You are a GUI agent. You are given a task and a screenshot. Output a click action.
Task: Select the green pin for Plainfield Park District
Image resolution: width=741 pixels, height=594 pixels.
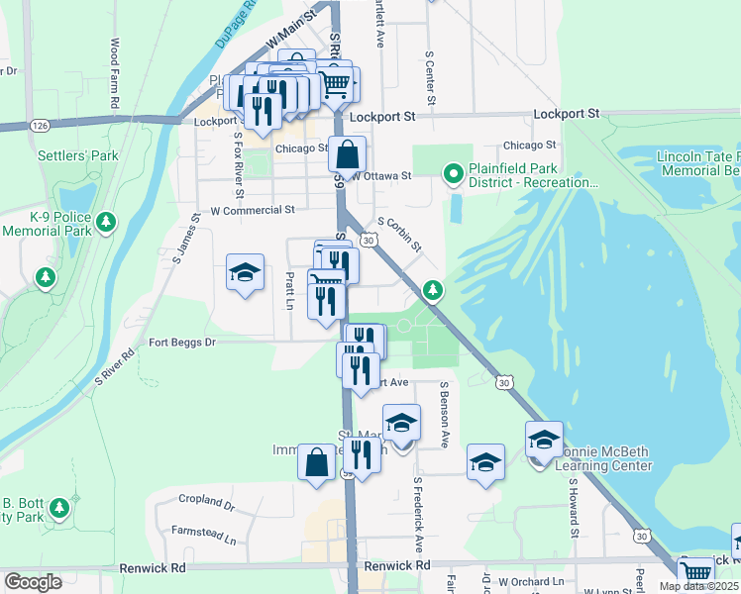(x=454, y=175)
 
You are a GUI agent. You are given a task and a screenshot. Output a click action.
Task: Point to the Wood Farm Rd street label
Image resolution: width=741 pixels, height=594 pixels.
(x=115, y=74)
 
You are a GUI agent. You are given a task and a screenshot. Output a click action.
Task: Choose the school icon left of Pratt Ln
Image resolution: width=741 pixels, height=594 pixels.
(x=244, y=272)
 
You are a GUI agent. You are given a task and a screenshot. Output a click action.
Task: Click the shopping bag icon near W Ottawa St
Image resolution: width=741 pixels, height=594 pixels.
(x=348, y=154)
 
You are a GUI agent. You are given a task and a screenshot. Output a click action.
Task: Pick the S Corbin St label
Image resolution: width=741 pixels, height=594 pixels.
(x=399, y=235)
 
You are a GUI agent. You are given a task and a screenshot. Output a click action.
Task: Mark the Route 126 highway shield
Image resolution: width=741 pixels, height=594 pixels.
(x=40, y=126)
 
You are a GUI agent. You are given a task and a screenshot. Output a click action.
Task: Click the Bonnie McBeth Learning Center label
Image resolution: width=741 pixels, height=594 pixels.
(x=594, y=457)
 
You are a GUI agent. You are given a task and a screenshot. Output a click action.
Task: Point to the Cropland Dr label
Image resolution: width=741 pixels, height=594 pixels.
(x=207, y=504)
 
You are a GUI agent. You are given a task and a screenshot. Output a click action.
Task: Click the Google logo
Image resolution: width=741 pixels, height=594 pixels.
(x=33, y=582)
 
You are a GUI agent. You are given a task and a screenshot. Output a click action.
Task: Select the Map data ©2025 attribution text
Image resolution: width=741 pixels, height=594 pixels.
(x=698, y=586)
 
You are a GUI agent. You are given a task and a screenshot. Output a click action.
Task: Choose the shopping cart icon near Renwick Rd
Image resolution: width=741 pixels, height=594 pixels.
(x=696, y=571)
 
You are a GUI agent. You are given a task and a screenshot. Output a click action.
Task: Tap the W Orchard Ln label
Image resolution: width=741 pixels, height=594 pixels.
(x=531, y=581)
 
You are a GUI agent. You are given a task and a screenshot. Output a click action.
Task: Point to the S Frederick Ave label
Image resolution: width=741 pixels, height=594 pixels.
(x=418, y=514)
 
